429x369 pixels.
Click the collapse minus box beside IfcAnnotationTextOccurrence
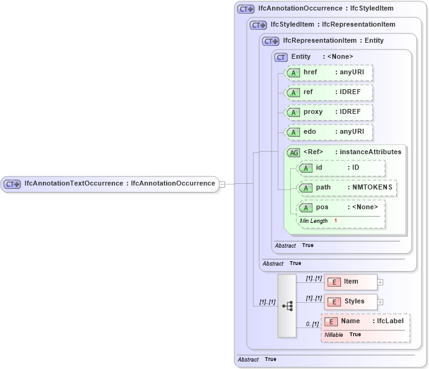click(x=222, y=184)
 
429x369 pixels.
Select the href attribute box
click(x=329, y=72)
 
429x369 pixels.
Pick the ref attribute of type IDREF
click(x=329, y=92)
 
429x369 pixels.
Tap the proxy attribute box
click(x=329, y=112)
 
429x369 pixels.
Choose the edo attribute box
click(x=329, y=132)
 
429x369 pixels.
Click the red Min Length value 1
click(x=335, y=221)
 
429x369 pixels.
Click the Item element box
click(x=350, y=282)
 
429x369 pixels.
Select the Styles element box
click(x=350, y=302)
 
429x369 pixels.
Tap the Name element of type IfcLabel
click(x=365, y=321)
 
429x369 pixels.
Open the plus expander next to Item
click(x=380, y=282)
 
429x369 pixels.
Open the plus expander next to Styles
click(x=380, y=302)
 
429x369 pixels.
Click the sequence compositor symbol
click(x=287, y=306)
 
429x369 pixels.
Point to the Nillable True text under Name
click(x=343, y=334)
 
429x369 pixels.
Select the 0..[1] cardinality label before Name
click(x=312, y=324)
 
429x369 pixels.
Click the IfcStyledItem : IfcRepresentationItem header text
click(x=332, y=25)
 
